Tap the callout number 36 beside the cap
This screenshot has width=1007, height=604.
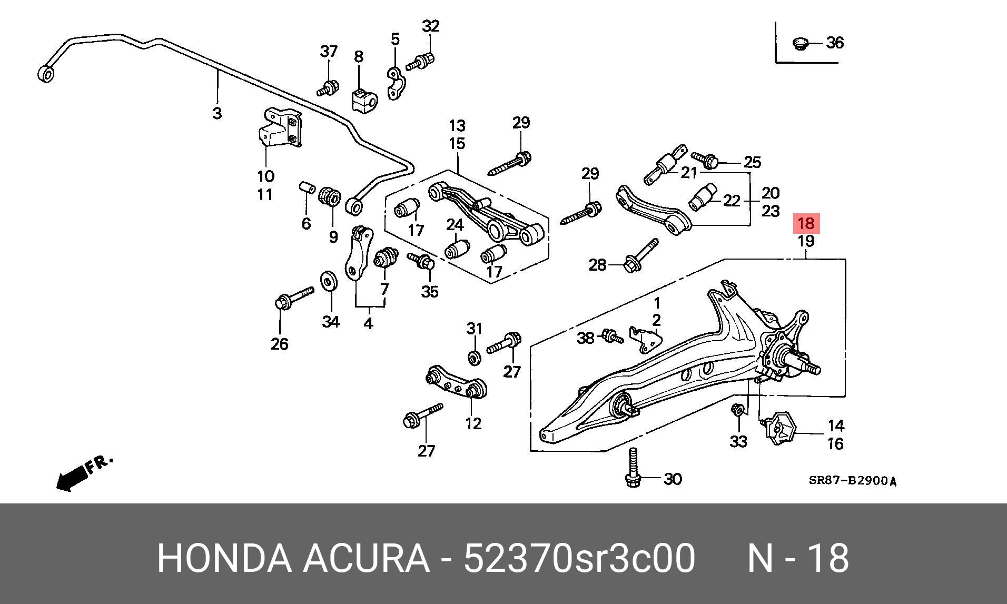click(834, 43)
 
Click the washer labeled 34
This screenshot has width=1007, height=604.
click(329, 281)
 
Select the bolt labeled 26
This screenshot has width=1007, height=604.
click(294, 298)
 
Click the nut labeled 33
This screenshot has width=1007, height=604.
click(738, 409)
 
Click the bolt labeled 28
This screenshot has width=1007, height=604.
click(640, 255)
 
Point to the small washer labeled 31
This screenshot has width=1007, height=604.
click(474, 357)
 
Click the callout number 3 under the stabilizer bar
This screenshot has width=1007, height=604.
click(217, 113)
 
